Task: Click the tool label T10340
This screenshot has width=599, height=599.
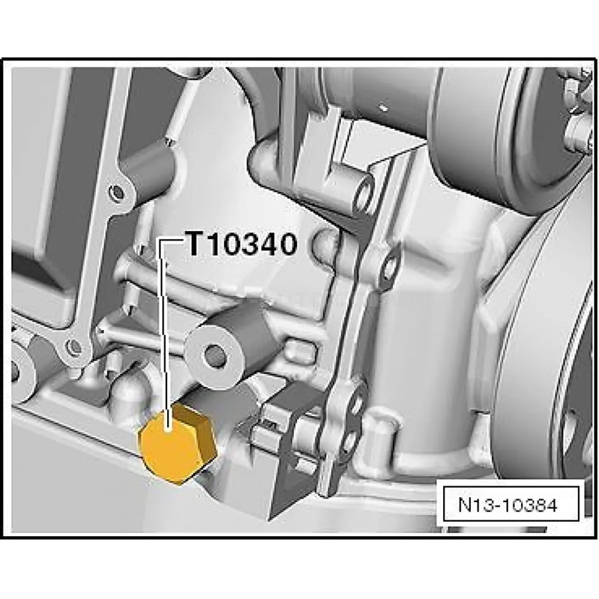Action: pos(241,244)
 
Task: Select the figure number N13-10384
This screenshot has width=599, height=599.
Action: pos(508,505)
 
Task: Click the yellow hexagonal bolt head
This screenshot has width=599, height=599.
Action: pos(178,443)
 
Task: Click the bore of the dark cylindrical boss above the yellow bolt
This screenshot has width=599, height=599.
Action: pos(214,354)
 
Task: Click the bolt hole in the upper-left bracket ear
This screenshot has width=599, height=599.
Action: pos(117,191)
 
